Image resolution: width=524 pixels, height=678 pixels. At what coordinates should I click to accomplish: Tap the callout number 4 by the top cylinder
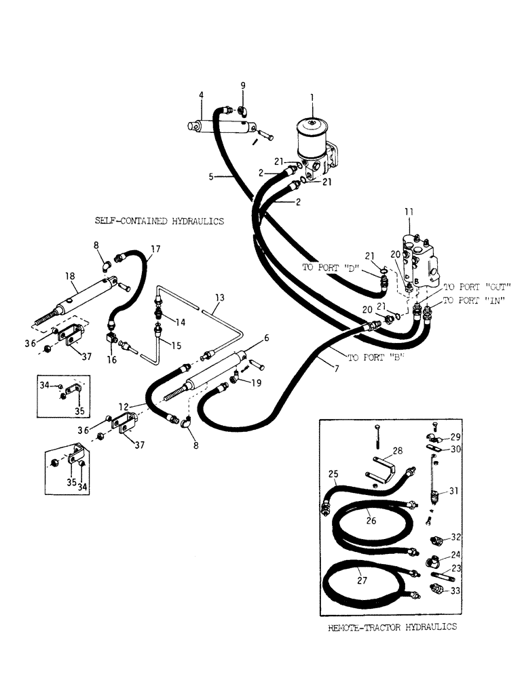click(x=201, y=96)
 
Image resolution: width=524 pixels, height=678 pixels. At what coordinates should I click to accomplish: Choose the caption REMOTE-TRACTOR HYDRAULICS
click(x=392, y=627)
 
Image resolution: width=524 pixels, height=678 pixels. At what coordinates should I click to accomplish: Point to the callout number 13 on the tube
click(x=219, y=298)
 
